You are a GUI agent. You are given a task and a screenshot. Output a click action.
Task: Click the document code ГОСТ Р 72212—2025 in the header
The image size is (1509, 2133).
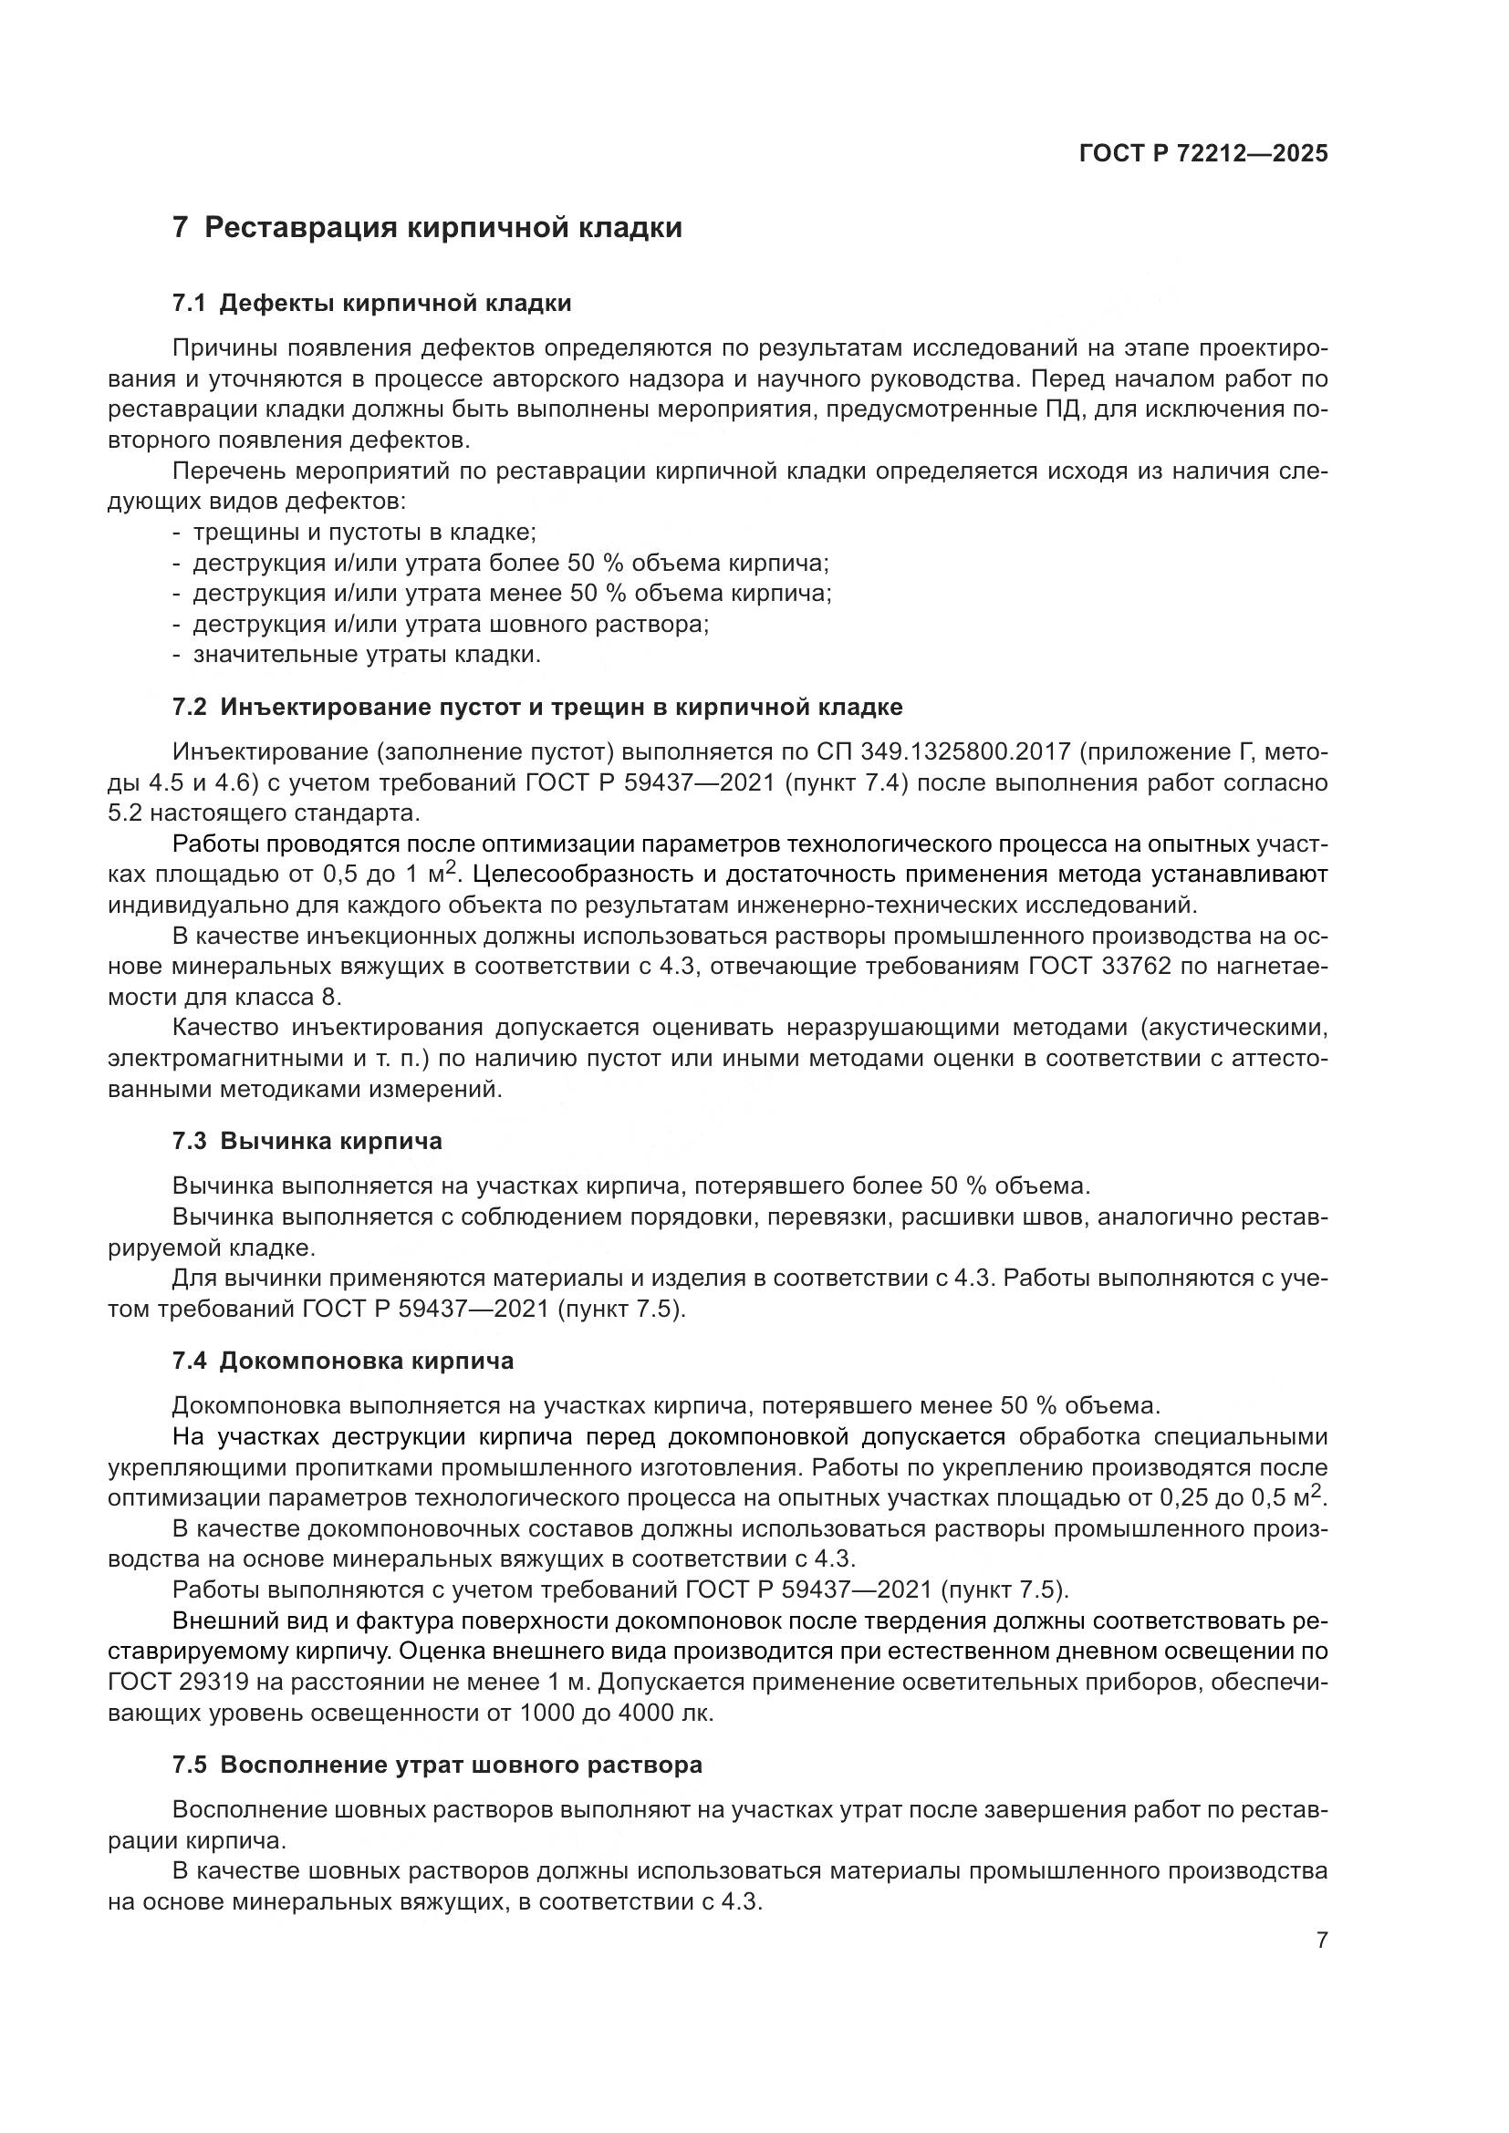(x=1203, y=153)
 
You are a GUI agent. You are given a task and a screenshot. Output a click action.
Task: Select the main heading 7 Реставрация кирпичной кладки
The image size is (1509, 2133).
(x=427, y=228)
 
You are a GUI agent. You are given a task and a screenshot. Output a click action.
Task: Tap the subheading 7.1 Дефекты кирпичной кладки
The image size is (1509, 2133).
(x=371, y=303)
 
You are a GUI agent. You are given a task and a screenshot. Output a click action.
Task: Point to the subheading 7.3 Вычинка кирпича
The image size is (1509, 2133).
(x=307, y=1141)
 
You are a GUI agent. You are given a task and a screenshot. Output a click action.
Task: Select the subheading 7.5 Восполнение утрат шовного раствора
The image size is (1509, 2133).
(x=437, y=1765)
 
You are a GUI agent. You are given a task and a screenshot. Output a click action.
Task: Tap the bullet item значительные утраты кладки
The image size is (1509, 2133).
(x=366, y=655)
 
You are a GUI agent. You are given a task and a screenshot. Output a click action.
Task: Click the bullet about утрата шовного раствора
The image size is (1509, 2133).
(x=451, y=625)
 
